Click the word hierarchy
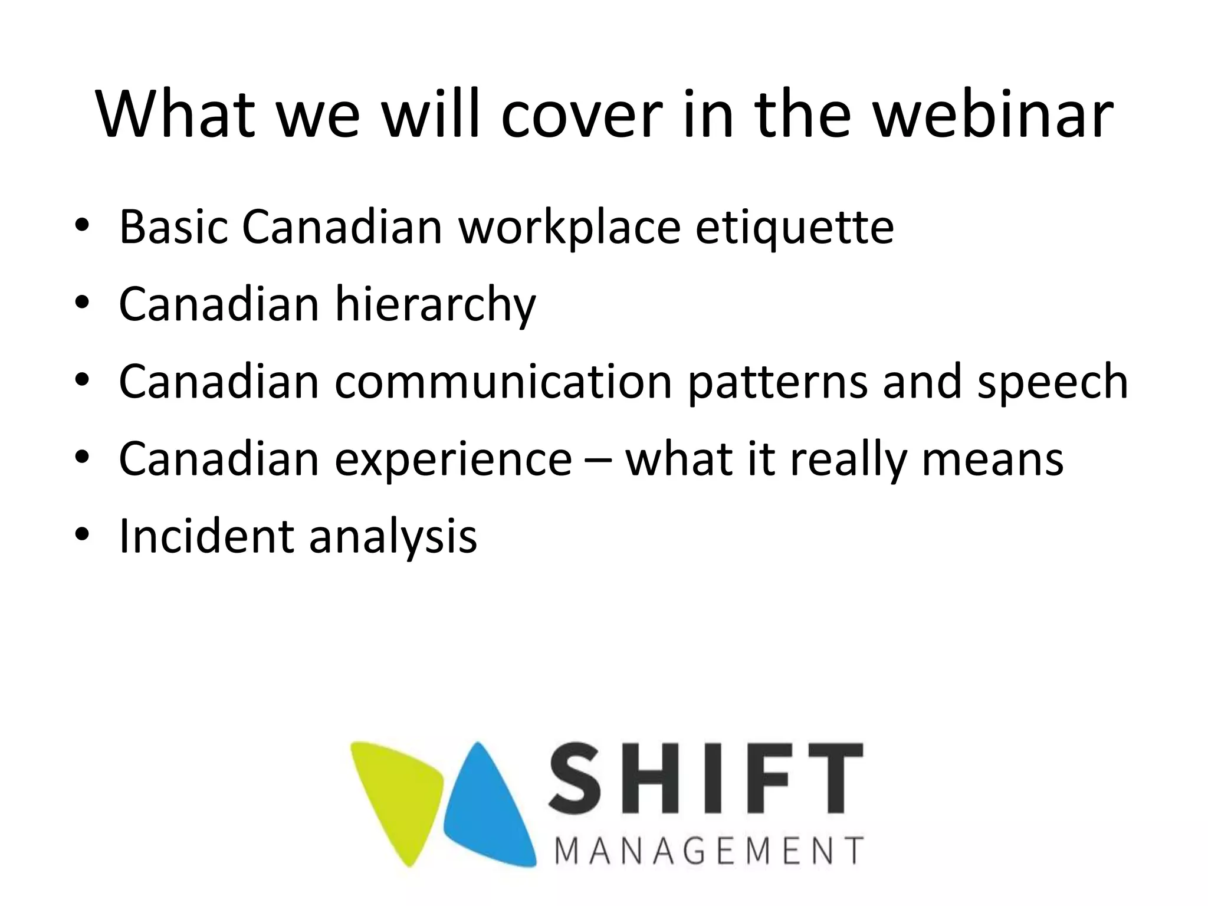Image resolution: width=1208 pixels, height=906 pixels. pos(435,305)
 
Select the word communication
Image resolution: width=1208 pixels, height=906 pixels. pos(504,382)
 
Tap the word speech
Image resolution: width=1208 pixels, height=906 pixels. pos(1052,382)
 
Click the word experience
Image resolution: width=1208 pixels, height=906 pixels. pos(453,459)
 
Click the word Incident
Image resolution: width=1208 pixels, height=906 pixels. pos(206,536)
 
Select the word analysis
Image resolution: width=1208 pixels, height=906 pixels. pos(393,536)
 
